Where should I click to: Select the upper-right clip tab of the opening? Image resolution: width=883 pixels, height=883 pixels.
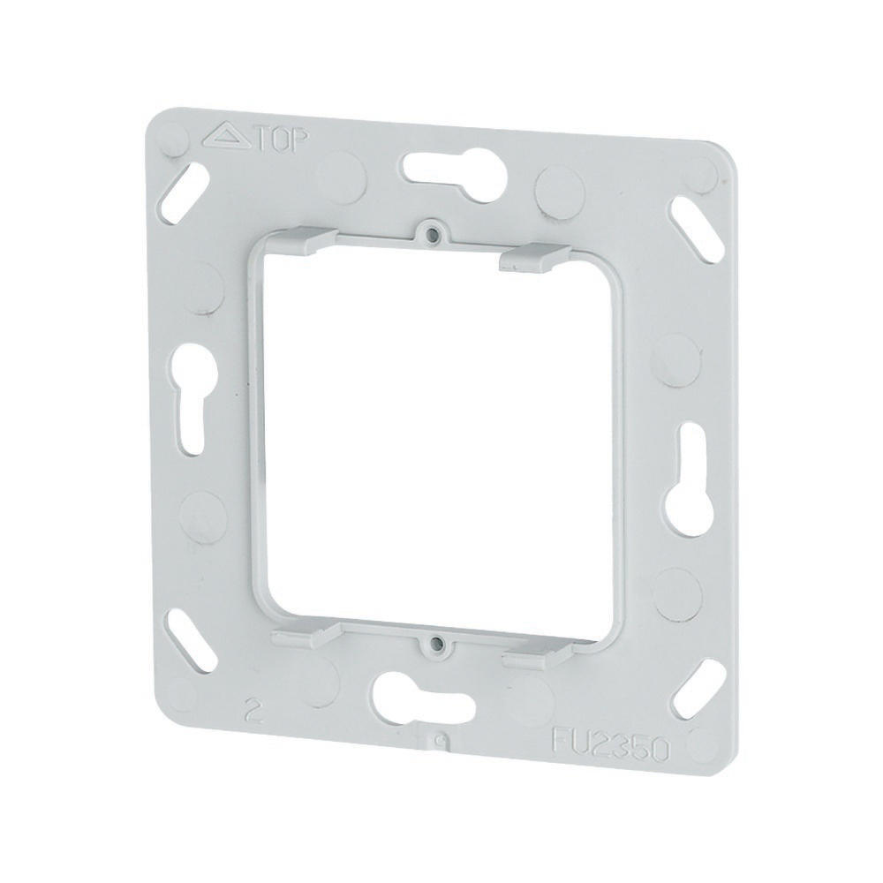click(530, 256)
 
